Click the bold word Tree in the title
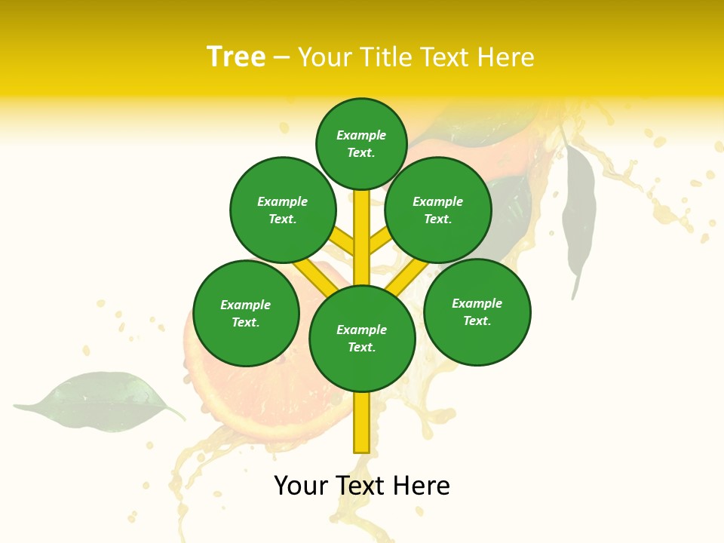(x=236, y=57)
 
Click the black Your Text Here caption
(x=362, y=486)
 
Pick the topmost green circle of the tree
(x=361, y=143)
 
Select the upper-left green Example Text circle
(x=283, y=210)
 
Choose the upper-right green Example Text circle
(x=438, y=210)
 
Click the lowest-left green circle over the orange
(x=246, y=313)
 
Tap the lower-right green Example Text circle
(x=477, y=311)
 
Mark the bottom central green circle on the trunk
(x=362, y=339)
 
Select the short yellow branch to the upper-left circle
(x=344, y=242)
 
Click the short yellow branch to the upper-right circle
(x=379, y=242)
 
